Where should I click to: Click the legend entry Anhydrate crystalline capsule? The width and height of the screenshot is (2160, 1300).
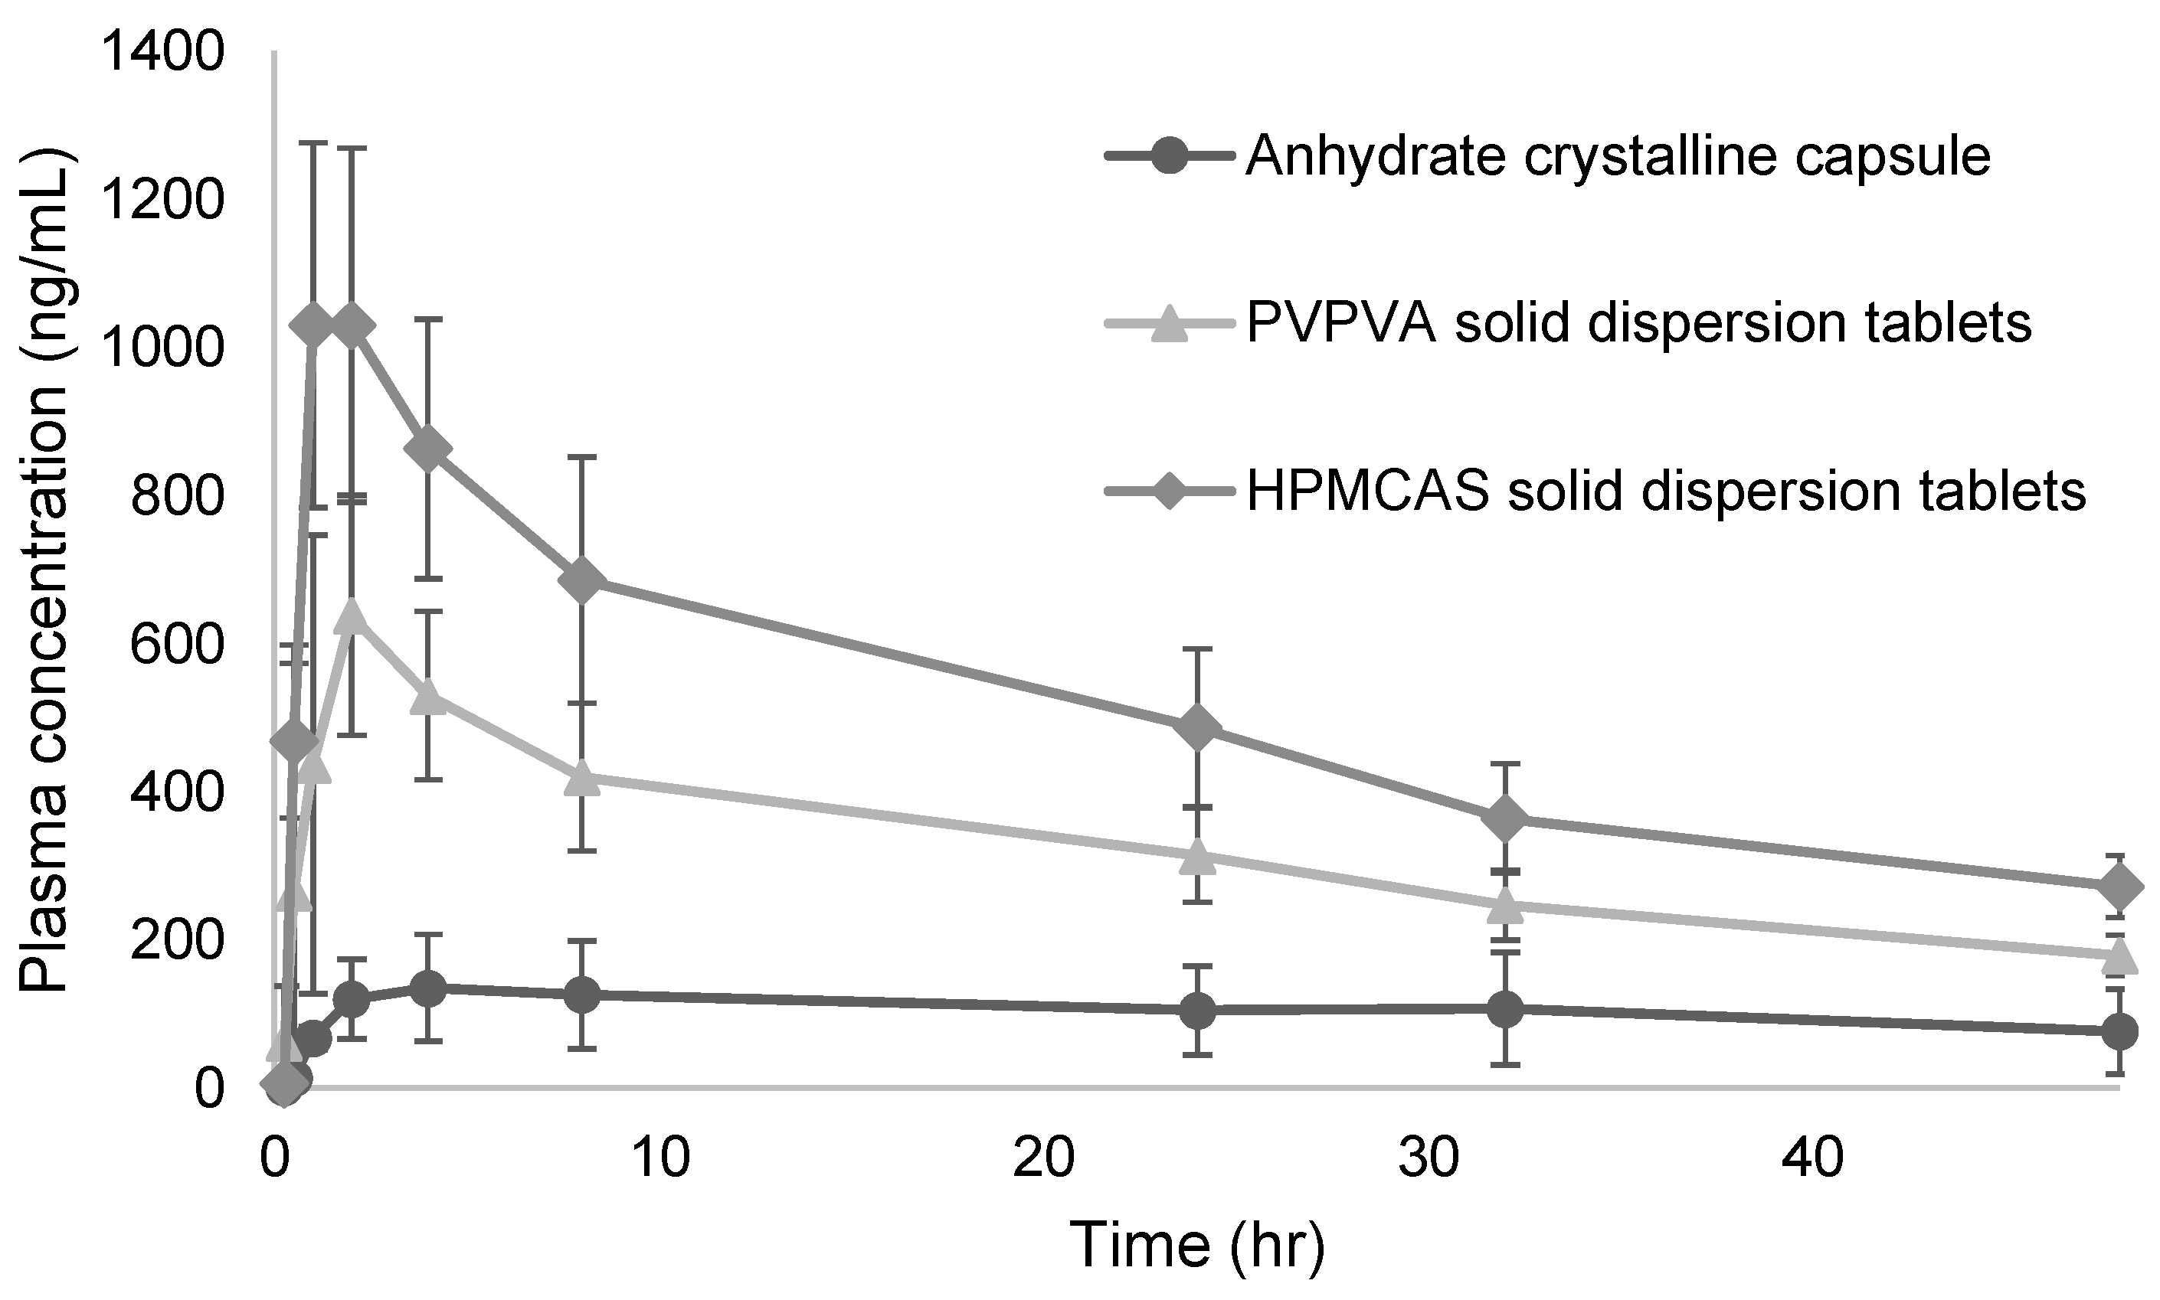[x=1617, y=158]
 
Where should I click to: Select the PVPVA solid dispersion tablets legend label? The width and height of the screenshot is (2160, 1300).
[x=1638, y=324]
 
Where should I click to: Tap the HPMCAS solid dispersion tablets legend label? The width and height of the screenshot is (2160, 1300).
[x=1665, y=491]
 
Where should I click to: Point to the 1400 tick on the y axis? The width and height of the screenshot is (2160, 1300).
[x=163, y=53]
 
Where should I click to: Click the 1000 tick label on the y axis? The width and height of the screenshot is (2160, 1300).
[x=163, y=348]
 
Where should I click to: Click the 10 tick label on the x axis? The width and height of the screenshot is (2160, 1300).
[x=659, y=1159]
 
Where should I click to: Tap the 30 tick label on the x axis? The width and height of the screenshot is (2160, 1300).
[x=1429, y=1159]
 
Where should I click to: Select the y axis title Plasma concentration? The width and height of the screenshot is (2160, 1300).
[x=44, y=570]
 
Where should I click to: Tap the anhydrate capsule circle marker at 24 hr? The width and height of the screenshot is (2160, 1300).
[x=1198, y=1010]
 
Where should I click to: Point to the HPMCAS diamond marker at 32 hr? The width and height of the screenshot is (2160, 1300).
[x=1505, y=819]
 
